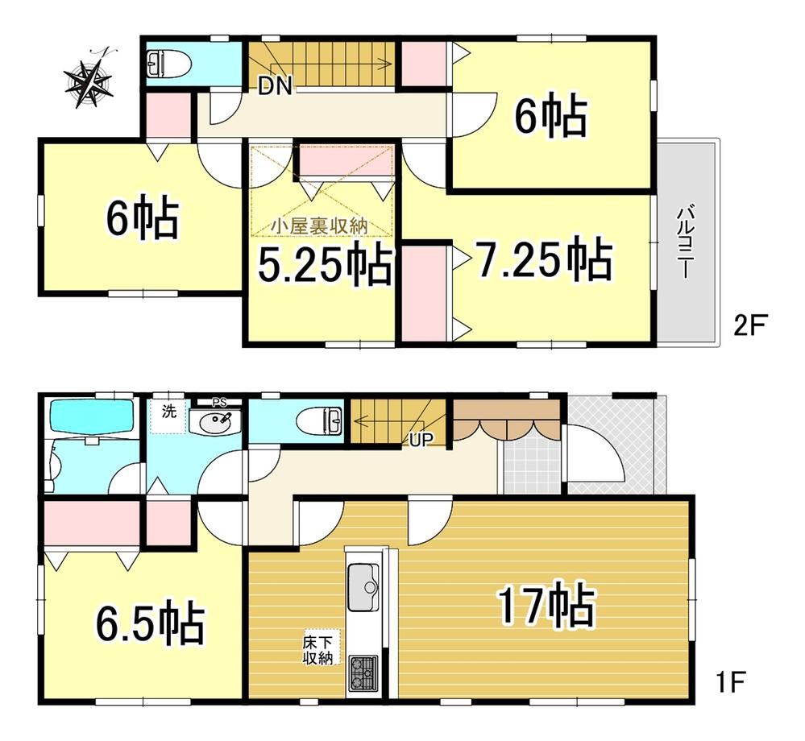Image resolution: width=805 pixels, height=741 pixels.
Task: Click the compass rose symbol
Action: (89, 78)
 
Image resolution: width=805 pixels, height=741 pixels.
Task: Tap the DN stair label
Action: (275, 86)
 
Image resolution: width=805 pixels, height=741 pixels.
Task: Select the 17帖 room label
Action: (547, 606)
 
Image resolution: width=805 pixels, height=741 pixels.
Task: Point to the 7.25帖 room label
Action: (546, 259)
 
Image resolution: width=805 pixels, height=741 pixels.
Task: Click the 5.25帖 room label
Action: (326, 263)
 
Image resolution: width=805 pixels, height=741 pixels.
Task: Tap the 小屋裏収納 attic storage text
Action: (320, 226)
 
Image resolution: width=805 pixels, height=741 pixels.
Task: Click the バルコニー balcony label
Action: (685, 242)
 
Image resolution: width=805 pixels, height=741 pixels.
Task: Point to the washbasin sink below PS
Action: (215, 422)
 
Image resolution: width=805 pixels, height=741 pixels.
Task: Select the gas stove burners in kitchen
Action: (363, 674)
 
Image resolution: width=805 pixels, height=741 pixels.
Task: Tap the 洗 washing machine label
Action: (169, 411)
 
